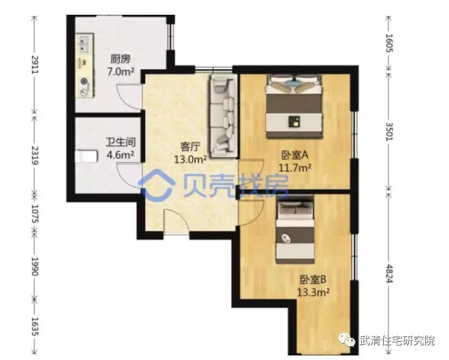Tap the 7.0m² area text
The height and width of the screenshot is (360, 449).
click(120, 72)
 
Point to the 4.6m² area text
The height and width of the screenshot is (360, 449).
click(120, 154)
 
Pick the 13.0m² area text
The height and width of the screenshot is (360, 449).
click(189, 160)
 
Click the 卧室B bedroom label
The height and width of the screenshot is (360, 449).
click(313, 279)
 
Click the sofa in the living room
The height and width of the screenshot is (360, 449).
click(223, 116)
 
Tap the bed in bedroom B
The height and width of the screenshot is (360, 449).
click(296, 230)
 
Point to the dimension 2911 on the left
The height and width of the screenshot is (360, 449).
click(35, 67)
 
